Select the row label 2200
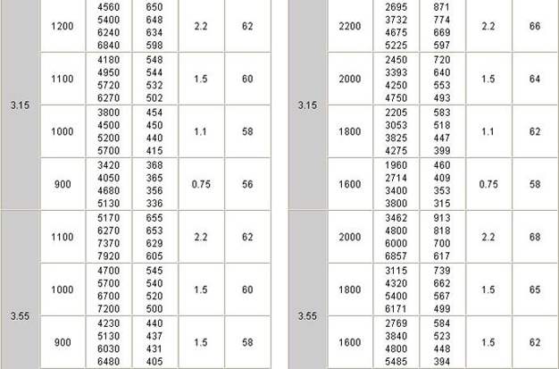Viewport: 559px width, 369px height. tap(351, 25)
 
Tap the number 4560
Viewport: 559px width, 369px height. tap(108, 5)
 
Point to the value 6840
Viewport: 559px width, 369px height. tap(108, 45)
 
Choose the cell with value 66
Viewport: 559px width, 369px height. tap(534, 25)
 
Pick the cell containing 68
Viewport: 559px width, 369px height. tap(534, 237)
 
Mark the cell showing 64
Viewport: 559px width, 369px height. tap(534, 79)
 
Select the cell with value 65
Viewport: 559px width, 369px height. tap(534, 289)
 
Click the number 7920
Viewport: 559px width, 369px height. tap(108, 256)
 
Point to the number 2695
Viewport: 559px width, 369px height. tap(396, 5)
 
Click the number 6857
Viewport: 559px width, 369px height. tap(396, 256)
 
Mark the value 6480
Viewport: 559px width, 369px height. tap(108, 362)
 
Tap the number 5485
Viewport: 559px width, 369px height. tap(396, 362)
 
